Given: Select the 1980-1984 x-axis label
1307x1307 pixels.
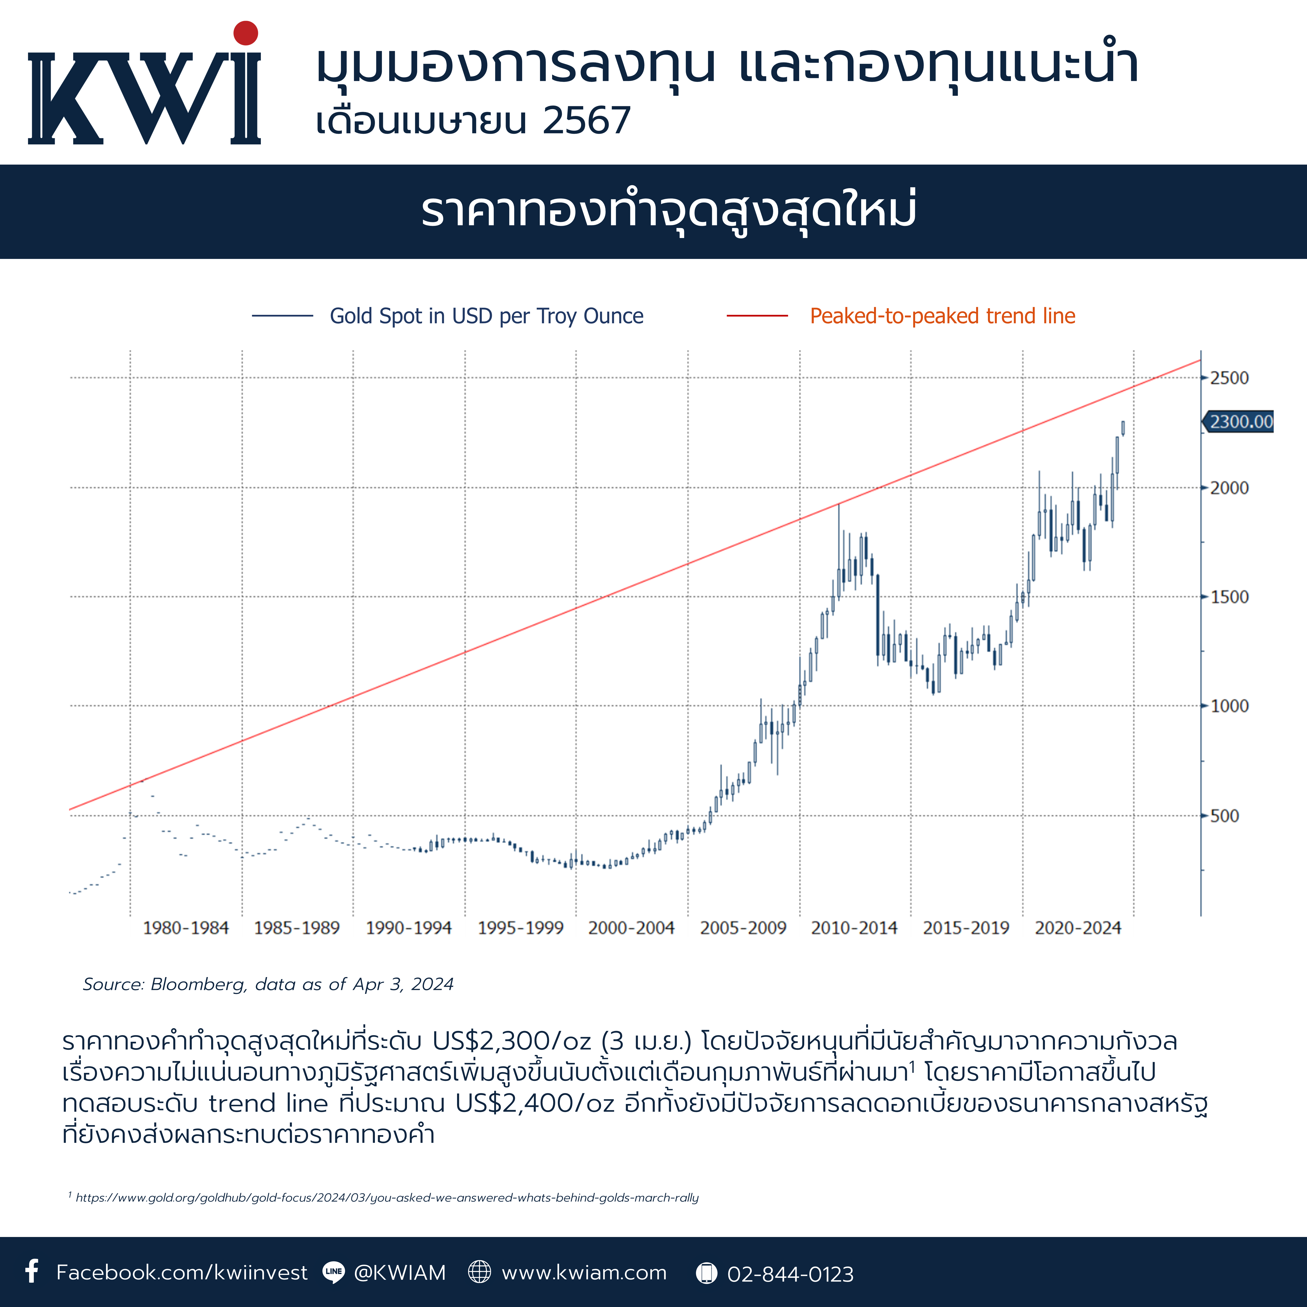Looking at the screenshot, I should (186, 928).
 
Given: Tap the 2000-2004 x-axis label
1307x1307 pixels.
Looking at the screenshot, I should (631, 928).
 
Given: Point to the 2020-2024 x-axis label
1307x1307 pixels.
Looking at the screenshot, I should (1078, 928).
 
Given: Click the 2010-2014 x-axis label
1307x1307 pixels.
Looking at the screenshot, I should (854, 928).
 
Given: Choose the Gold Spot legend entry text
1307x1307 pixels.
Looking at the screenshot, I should (486, 316).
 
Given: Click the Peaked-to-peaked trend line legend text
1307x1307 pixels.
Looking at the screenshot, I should (942, 316).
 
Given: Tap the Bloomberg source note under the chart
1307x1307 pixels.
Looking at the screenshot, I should (268, 984).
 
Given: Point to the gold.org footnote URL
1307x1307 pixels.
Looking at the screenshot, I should (387, 1197).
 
